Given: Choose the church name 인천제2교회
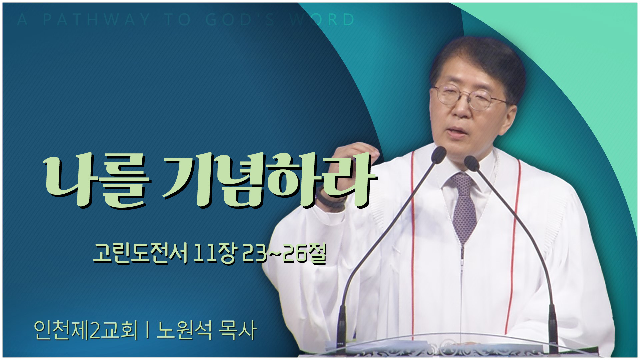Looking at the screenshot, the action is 86,330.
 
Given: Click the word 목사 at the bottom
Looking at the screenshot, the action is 237,330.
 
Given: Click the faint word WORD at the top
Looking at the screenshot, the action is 322,20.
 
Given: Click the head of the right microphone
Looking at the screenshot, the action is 471,162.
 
